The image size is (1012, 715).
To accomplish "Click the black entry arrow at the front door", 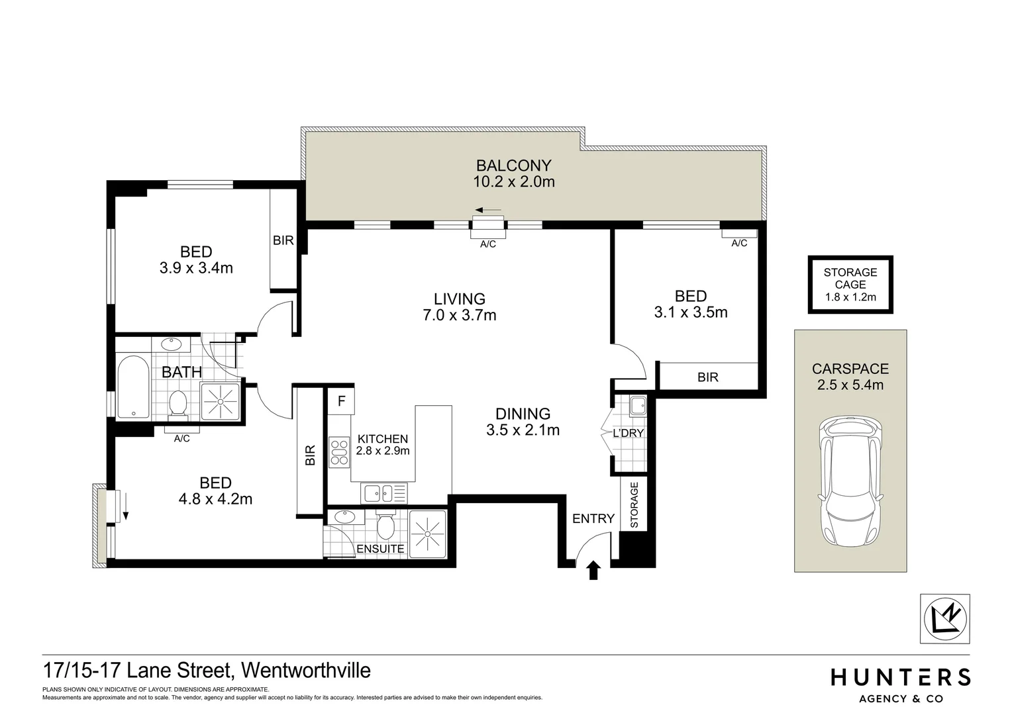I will click(x=593, y=570).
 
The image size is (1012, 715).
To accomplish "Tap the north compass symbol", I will click(x=945, y=619).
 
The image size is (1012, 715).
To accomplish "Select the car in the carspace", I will click(x=850, y=482).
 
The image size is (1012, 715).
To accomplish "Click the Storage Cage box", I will click(x=850, y=285).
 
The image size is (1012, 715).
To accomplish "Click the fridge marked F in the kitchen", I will click(x=341, y=401).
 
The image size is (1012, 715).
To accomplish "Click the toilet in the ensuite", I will click(x=385, y=526).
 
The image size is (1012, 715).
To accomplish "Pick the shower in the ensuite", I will click(x=427, y=534).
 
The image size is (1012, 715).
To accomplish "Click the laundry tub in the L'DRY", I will click(x=637, y=405).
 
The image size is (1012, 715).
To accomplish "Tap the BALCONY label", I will click(x=513, y=166).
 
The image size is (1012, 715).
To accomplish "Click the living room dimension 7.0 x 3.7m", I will click(x=460, y=316).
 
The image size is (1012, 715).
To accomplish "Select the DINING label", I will click(x=523, y=414).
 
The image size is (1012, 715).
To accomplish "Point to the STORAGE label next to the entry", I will click(x=634, y=505).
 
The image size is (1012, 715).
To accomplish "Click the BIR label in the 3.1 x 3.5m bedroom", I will click(x=708, y=377).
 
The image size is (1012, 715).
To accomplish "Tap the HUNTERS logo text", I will click(x=901, y=677).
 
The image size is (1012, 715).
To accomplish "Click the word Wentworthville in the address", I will click(x=307, y=670).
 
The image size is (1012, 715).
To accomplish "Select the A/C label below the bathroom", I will click(x=181, y=438).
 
